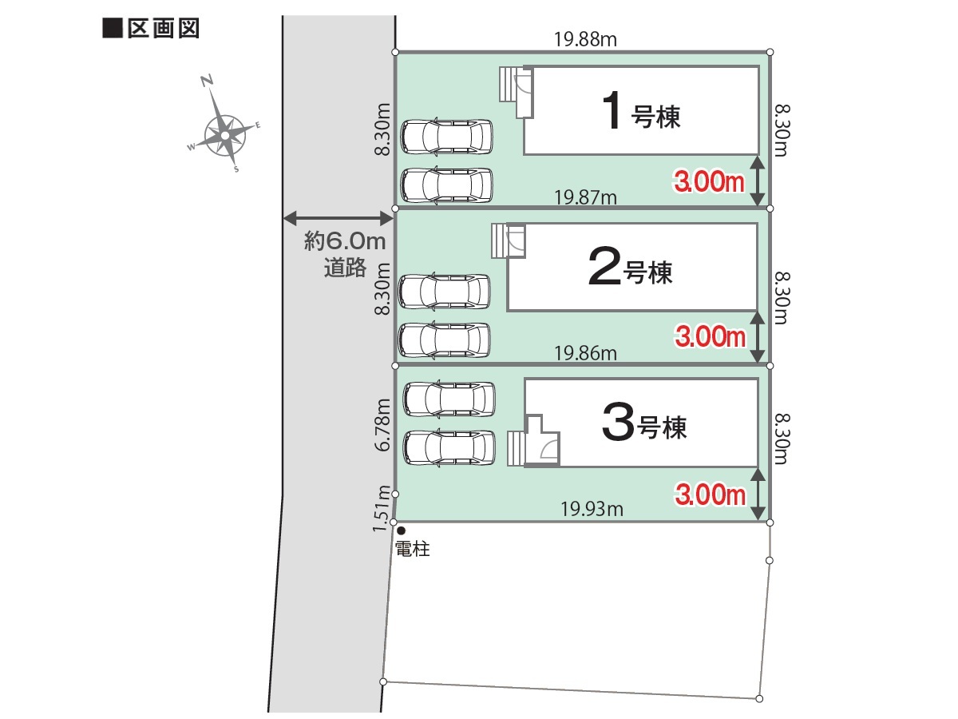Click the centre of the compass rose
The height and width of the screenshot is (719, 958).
[225, 136]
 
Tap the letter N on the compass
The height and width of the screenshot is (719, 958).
[207, 81]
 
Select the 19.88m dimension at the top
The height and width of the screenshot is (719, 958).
[585, 40]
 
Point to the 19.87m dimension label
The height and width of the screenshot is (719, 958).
[585, 198]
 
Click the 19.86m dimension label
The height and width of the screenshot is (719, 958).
[585, 353]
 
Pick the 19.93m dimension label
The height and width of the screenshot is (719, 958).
[592, 509]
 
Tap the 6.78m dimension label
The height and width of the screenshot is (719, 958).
[382, 424]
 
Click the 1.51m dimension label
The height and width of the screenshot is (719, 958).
[381, 508]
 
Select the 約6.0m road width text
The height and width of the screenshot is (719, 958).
[345, 241]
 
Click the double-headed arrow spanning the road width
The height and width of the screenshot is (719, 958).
[338, 218]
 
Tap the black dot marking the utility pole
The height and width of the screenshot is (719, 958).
[401, 530]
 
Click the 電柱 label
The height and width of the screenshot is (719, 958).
[413, 549]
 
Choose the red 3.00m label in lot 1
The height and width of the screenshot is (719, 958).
[709, 181]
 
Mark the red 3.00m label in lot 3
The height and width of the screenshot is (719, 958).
[710, 495]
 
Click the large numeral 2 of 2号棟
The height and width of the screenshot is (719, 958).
[604, 267]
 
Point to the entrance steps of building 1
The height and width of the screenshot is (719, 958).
[508, 84]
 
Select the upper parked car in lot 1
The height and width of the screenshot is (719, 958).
[447, 137]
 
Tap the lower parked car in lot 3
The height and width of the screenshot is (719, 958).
[449, 447]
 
